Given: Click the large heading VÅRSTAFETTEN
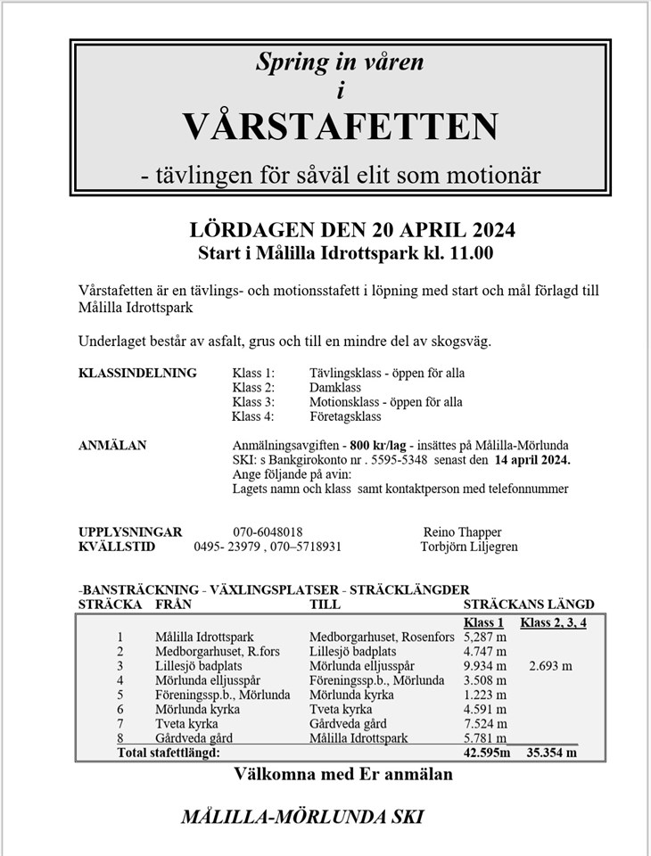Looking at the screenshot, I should (x=341, y=127).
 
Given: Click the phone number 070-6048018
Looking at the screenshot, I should (x=268, y=531).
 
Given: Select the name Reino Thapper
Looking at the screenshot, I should (x=464, y=531).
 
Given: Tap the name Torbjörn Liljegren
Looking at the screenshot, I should (x=468, y=547).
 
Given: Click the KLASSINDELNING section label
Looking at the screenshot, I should (x=138, y=373).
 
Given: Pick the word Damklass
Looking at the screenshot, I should (x=334, y=388).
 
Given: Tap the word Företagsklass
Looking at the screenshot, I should (x=344, y=416).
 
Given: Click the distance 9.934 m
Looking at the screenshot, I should (x=485, y=666).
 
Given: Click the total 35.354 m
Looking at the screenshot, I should (x=552, y=753).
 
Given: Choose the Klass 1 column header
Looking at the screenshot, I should (x=484, y=622).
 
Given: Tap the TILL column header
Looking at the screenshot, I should (x=325, y=605).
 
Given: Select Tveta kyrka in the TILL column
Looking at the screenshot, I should (x=341, y=709).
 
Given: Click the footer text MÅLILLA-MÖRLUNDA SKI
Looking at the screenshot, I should (x=301, y=817).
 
